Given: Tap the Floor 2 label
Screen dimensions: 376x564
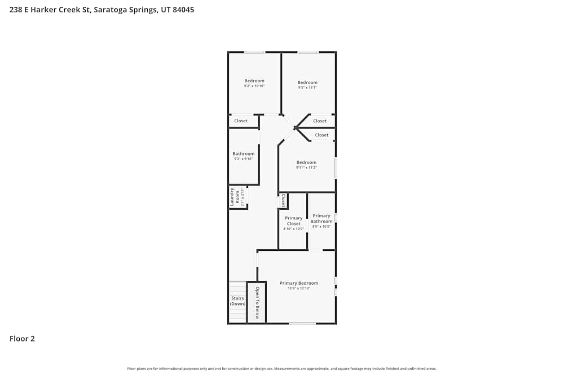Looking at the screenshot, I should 22,339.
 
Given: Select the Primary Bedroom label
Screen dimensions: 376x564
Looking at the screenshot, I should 299,283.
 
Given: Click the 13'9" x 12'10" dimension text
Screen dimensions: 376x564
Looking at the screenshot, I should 299,289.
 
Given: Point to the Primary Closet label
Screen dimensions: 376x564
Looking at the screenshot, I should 293,221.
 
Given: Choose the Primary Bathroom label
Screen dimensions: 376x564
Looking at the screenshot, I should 321,219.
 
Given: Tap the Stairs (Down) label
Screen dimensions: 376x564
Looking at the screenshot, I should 237,301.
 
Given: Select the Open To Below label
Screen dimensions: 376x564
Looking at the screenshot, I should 257,303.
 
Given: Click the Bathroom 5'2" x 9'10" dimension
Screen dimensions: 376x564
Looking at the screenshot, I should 244,159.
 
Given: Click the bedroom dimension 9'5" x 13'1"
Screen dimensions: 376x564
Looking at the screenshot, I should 308,87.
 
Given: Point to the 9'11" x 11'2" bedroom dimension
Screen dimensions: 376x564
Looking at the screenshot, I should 307,167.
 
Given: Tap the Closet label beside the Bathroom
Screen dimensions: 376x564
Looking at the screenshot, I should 241,121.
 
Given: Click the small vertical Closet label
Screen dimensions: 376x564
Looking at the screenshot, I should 283,201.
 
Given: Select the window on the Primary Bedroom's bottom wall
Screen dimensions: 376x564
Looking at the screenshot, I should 302,323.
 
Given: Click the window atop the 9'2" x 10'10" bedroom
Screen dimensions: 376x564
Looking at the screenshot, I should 255,52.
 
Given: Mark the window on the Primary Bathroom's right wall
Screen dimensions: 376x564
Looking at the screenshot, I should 336,217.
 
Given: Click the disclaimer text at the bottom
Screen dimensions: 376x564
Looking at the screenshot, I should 282,369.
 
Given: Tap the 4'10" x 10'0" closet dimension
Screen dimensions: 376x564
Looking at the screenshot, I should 294,229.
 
